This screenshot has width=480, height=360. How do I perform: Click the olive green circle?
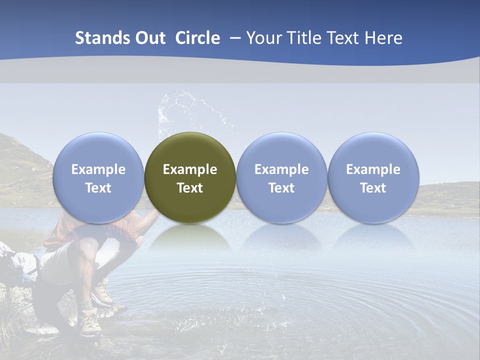pyautogui.click(x=190, y=178)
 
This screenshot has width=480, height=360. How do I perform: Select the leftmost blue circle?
pyautogui.click(x=98, y=178)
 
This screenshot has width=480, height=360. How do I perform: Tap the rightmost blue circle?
pyautogui.click(x=373, y=178)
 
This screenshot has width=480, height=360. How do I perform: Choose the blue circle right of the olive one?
pyautogui.click(x=281, y=178)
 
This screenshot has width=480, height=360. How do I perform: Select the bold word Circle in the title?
pyautogui.click(x=197, y=38)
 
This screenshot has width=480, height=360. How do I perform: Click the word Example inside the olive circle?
pyautogui.click(x=190, y=169)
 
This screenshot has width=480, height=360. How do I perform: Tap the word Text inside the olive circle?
pyautogui.click(x=190, y=188)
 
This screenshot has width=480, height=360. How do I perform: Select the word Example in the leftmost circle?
pyautogui.click(x=98, y=169)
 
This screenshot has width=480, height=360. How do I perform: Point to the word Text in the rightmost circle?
pyautogui.click(x=373, y=188)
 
